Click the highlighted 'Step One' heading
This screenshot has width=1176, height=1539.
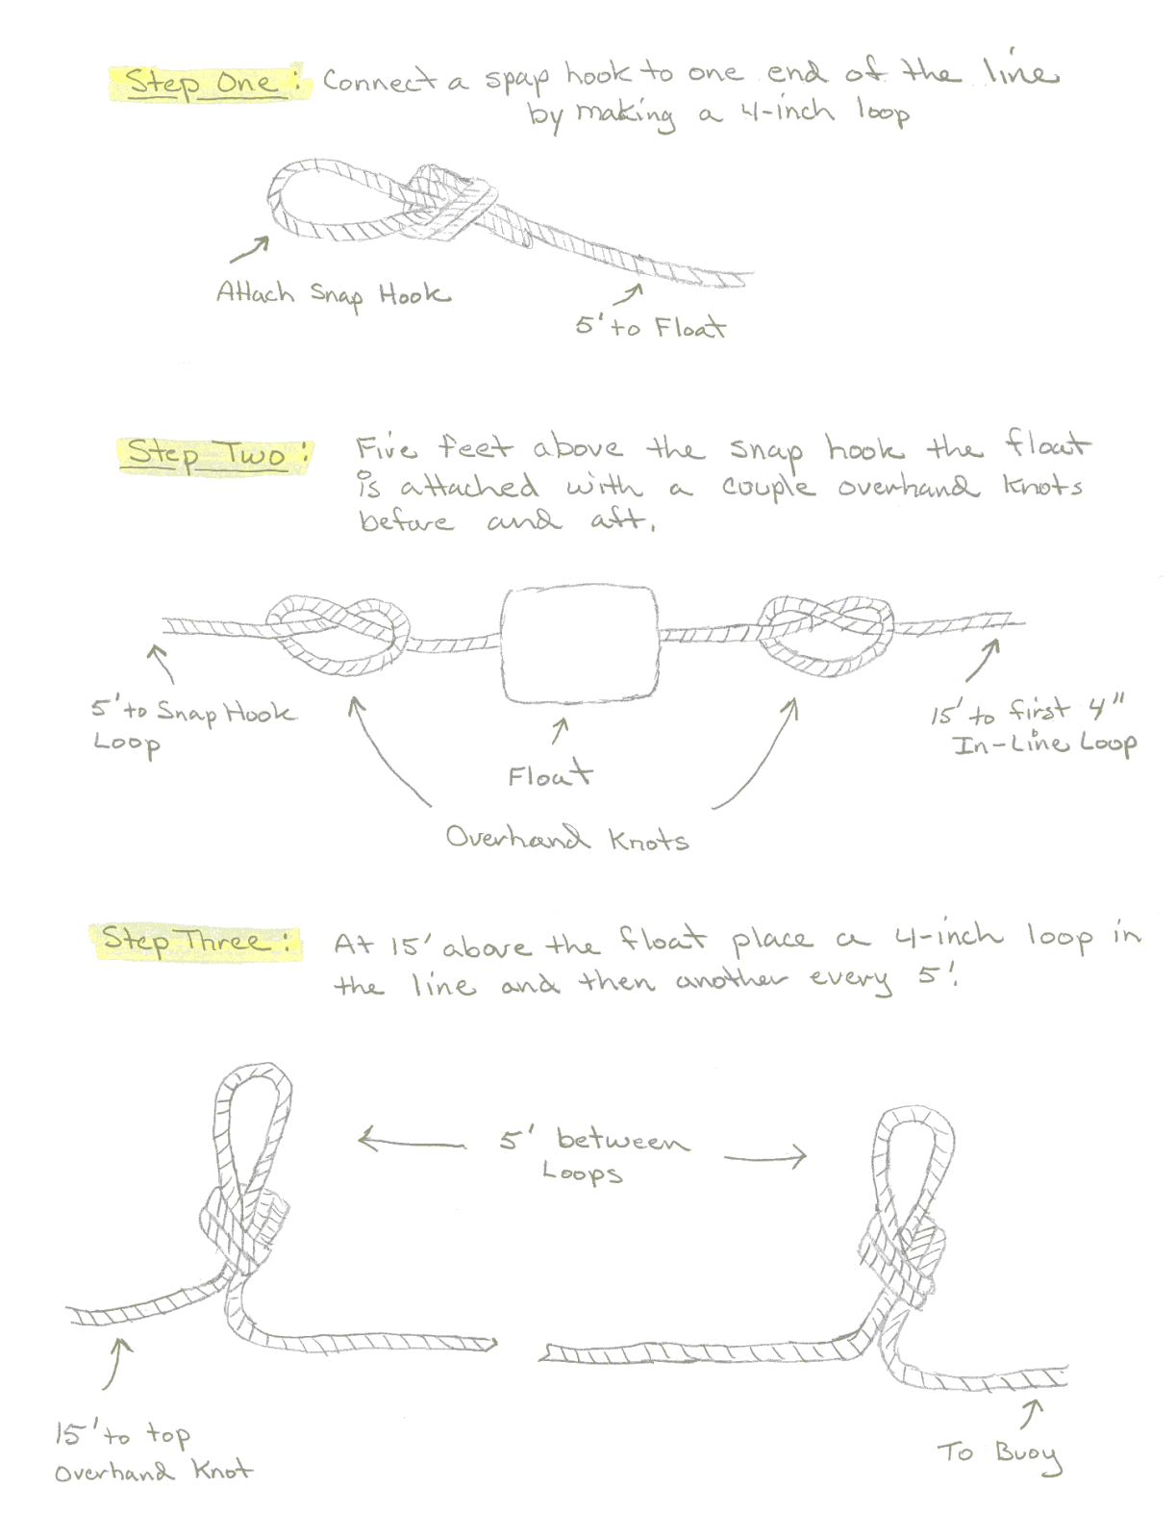[208, 83]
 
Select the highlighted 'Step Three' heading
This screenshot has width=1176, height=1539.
[196, 940]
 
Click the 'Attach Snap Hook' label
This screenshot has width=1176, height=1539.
[333, 293]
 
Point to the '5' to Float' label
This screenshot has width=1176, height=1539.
[650, 327]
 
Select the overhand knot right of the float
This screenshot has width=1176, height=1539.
[828, 631]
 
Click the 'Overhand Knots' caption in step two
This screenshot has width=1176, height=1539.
[566, 839]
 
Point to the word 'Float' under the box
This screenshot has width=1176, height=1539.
[550, 774]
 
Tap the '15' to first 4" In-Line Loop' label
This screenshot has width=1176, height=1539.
[1033, 726]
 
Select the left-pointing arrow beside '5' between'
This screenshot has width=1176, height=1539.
[411, 1142]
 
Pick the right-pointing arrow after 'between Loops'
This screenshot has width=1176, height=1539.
[764, 1157]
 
